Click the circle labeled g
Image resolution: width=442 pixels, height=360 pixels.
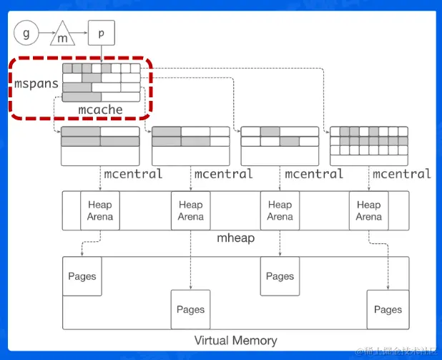(x=26, y=33)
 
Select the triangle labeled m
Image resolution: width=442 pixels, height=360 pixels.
(x=63, y=34)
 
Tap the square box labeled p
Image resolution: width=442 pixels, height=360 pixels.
(x=101, y=33)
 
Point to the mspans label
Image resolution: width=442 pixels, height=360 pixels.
(x=36, y=84)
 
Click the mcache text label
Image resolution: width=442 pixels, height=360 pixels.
(x=100, y=110)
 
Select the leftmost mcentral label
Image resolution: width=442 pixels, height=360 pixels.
(x=134, y=174)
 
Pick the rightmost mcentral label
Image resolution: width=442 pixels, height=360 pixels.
(x=402, y=174)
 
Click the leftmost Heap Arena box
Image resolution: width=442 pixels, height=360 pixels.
(x=100, y=210)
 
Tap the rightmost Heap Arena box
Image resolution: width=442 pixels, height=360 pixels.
(x=368, y=210)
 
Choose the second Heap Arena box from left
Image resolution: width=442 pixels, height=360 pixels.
(x=190, y=210)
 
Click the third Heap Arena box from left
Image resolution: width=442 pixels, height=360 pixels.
(x=280, y=210)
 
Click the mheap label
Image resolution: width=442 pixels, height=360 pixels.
(x=235, y=238)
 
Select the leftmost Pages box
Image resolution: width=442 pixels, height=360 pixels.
(x=82, y=276)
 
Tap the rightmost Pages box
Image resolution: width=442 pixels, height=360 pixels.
(x=388, y=309)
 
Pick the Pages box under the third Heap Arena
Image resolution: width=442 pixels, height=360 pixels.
(x=280, y=276)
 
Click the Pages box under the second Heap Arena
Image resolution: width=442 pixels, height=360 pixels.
(x=190, y=309)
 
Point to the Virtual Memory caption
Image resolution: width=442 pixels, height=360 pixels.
(x=235, y=340)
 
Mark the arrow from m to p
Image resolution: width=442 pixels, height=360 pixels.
(x=82, y=33)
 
